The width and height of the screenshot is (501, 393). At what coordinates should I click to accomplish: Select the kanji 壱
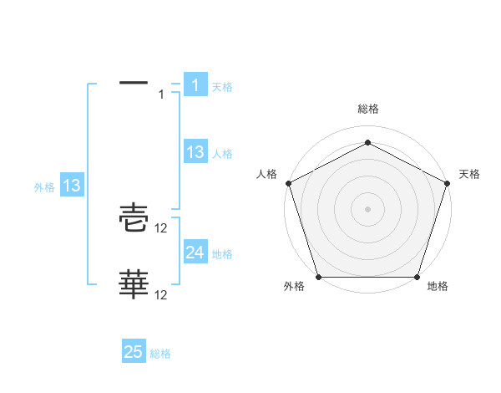(134, 220)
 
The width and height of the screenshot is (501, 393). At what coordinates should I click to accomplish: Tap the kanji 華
(134, 285)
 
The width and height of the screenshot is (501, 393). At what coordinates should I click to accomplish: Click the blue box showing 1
(195, 85)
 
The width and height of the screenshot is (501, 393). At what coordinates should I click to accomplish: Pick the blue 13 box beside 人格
(195, 152)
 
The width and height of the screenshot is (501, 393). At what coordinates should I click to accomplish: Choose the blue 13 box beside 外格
(71, 186)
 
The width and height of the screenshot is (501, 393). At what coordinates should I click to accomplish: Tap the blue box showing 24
(195, 253)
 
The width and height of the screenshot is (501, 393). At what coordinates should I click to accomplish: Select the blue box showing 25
(134, 352)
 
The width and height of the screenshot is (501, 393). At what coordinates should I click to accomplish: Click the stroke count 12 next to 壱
(162, 228)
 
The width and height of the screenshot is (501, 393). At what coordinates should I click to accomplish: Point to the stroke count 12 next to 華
(162, 294)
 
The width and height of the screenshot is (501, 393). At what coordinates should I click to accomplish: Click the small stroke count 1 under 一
(161, 94)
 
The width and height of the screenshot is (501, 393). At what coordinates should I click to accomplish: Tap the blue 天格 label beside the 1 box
(222, 86)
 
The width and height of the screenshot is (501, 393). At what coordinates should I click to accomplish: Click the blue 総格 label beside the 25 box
(160, 354)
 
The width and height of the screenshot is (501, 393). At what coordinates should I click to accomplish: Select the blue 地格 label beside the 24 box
(222, 253)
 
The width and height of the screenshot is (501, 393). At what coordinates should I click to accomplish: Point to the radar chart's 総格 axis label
(367, 109)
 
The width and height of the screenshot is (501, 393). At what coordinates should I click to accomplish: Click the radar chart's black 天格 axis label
(469, 174)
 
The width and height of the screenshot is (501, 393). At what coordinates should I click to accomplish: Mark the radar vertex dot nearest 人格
(289, 182)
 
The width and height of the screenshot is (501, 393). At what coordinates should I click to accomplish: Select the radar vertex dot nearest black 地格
(417, 277)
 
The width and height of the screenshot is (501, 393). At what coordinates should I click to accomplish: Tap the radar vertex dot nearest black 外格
(319, 277)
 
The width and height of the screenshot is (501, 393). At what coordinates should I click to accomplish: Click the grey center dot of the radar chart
(367, 208)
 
